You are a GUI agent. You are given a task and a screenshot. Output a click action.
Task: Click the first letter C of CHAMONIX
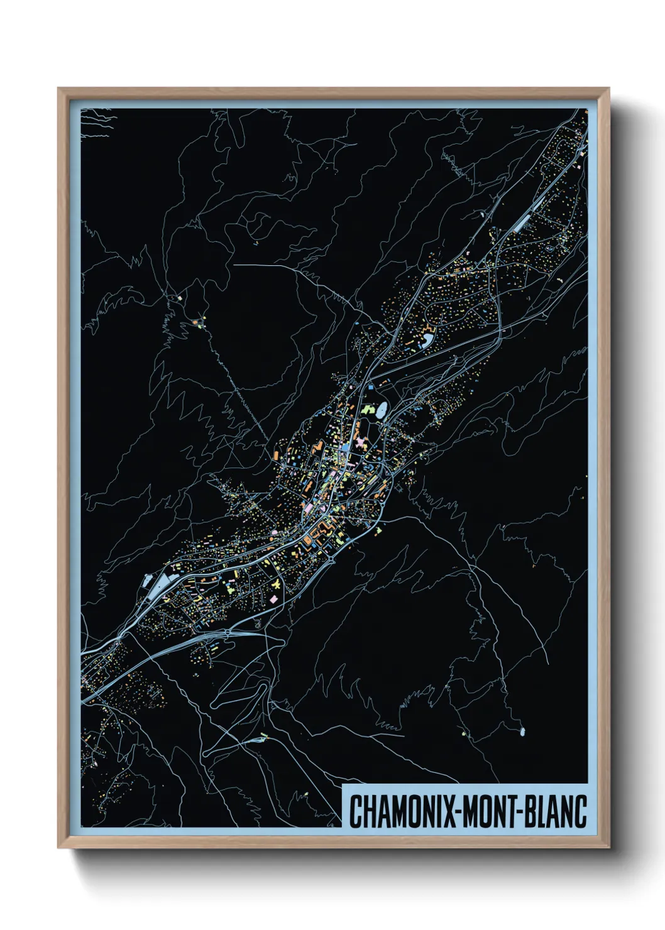355,811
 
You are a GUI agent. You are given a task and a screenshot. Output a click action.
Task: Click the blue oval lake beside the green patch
382,410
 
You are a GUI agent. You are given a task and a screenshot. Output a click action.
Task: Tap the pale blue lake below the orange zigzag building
427,340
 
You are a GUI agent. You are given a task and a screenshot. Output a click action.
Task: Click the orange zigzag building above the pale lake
429,327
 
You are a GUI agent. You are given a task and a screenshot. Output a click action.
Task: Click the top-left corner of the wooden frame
59,89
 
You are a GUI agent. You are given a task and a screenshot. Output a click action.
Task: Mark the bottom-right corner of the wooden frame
608,846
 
